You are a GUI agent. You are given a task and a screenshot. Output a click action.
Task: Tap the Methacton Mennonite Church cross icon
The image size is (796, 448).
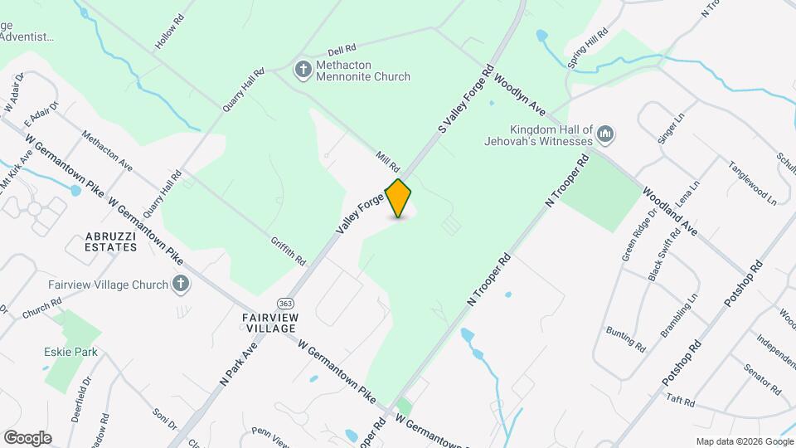[303, 68]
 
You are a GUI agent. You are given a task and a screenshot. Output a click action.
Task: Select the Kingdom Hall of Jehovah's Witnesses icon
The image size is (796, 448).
[605, 134]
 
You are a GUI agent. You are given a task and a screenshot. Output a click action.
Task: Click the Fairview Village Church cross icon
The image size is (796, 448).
[181, 285]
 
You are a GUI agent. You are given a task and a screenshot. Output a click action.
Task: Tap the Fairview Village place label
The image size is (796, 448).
[269, 323]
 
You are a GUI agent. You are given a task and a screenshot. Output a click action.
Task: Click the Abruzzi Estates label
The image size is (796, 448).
[111, 241]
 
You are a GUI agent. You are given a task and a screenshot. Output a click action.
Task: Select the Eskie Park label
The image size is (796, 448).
[70, 352]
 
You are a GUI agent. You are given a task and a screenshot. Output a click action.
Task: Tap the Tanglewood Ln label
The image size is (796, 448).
[752, 183]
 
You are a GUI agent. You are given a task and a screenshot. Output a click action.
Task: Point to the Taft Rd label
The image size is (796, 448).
[680, 401]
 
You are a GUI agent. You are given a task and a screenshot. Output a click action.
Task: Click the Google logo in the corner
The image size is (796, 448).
[27, 437]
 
